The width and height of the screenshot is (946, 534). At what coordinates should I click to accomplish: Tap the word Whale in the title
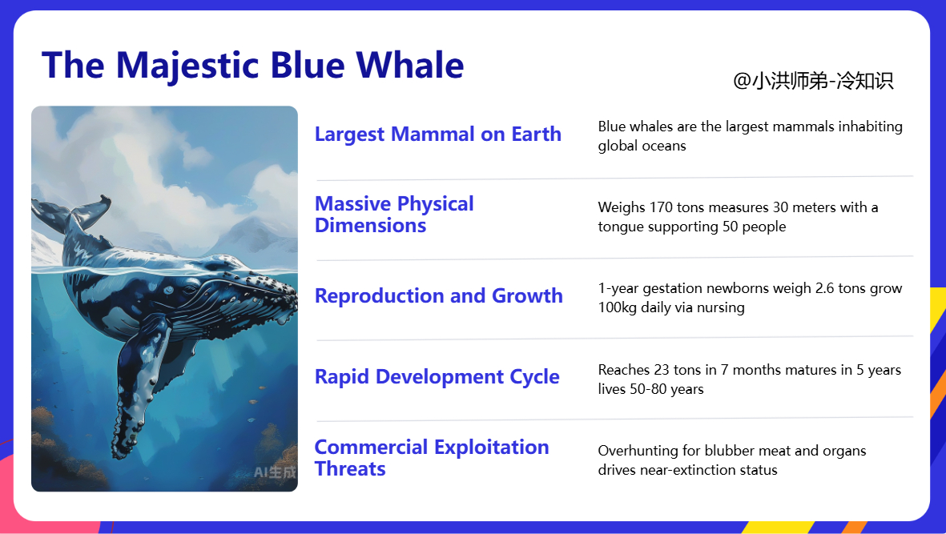409,65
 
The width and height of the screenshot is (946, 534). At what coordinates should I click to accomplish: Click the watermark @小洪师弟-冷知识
813,81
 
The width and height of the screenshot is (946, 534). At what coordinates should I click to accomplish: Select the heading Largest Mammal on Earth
438,134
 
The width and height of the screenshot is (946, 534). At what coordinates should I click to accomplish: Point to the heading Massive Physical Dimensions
395,215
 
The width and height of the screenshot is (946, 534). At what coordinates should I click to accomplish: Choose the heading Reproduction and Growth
439,296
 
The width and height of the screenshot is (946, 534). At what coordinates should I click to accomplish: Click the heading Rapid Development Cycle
437,377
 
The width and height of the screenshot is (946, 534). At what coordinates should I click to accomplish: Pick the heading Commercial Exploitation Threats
432,458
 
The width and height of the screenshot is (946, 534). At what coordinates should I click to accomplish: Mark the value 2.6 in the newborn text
824,288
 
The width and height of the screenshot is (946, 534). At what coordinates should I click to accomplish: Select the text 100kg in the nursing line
618,307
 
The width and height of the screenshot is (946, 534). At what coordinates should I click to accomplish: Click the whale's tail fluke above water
72,213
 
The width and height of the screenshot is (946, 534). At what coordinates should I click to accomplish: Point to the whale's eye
168,291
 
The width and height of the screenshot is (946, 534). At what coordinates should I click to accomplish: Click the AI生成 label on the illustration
275,472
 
